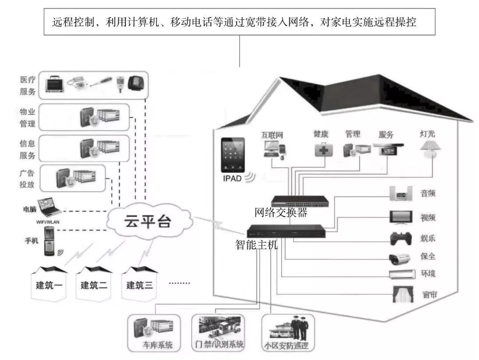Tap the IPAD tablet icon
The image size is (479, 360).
(233, 155)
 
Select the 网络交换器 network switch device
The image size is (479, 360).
(300, 201)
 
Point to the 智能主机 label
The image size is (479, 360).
(257, 245)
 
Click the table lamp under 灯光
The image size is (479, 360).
(430, 149)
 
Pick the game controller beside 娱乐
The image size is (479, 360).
(401, 239)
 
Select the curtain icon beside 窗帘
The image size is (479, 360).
(403, 294)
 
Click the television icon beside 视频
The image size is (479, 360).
(401, 217)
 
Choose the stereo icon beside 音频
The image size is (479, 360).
(401, 194)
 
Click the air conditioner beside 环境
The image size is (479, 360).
(402, 274)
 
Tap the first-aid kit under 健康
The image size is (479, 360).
(323, 149)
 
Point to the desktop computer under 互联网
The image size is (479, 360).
(275, 149)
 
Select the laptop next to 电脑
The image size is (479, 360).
(50, 206)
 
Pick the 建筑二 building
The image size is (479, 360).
(94, 283)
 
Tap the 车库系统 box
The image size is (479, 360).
(154, 333)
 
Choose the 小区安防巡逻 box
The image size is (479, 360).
(288, 333)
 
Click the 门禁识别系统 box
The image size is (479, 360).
(218, 333)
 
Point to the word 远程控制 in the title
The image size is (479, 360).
(73, 22)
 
